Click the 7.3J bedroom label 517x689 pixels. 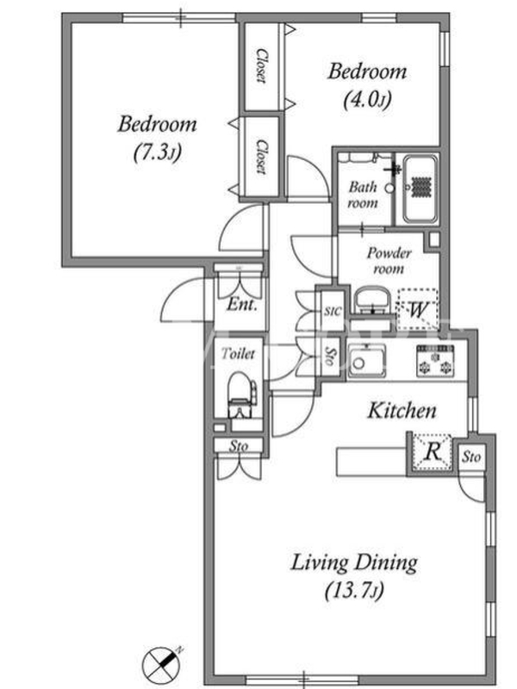click(158, 139)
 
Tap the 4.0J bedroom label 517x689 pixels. click(367, 85)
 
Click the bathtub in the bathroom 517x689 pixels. click(420, 189)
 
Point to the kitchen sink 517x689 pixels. click(367, 361)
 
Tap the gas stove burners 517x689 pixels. click(435, 361)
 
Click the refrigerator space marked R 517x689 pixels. click(433, 452)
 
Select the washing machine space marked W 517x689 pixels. click(418, 310)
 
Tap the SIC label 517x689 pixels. click(333, 311)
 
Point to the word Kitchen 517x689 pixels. click(402, 411)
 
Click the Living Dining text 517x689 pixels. click(354, 563)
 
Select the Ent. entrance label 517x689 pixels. click(241, 305)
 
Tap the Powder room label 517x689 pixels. click(389, 261)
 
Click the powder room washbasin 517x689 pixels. click(372, 301)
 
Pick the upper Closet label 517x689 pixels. click(261, 66)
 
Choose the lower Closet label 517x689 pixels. click(261, 158)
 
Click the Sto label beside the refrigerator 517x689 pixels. click(470, 457)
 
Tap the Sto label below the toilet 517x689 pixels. click(239, 446)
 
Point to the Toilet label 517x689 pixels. click(238, 353)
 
